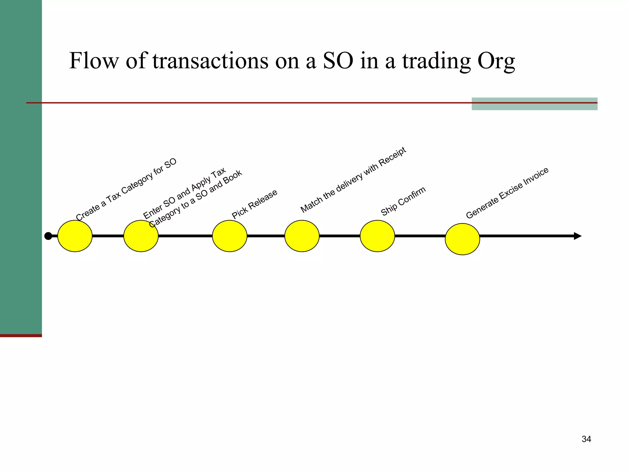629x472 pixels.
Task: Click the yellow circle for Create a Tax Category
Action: (75, 236)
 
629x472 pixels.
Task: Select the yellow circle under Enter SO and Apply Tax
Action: (141, 236)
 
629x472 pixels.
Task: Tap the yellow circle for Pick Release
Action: (230, 236)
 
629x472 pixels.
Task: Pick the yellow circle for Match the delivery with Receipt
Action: (302, 236)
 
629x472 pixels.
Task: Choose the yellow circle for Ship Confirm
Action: (377, 236)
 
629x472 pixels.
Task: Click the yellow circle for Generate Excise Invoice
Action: (462, 239)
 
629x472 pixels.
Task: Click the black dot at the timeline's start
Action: (48, 236)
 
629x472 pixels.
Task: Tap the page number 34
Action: (586, 439)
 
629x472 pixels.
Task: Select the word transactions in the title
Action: (210, 61)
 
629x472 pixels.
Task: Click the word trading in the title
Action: (436, 61)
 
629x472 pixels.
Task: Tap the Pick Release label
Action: (255, 204)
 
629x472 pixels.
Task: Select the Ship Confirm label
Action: (403, 201)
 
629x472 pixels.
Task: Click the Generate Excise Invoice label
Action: (507, 193)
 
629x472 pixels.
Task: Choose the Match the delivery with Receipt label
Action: (353, 180)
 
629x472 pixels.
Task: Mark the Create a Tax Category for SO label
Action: (126, 189)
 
